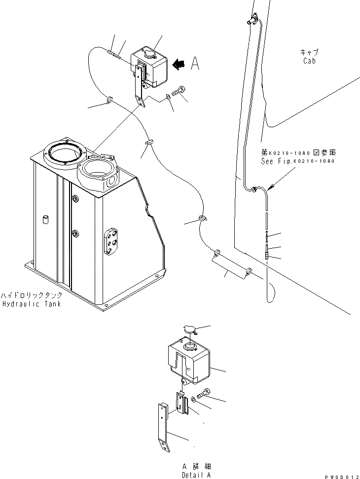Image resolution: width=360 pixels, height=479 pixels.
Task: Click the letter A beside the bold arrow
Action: (x=195, y=63)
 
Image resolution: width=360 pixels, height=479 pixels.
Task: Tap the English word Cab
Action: (x=309, y=61)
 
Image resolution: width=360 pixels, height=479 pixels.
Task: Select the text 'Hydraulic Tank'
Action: (x=32, y=304)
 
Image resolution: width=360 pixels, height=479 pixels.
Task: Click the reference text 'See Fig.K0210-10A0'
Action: (x=298, y=161)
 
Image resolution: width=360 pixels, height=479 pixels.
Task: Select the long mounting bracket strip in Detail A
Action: (x=162, y=424)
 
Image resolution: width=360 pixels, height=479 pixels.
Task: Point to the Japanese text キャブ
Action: (x=309, y=52)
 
